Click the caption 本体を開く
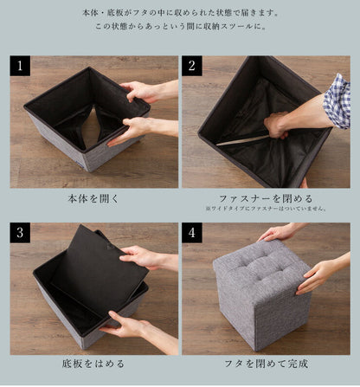click(93, 198)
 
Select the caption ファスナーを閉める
click(265, 197)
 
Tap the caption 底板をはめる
click(93, 364)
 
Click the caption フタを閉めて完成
click(265, 364)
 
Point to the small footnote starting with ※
click(265, 210)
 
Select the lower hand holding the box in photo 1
click(130, 131)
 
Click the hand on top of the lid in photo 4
click(280, 232)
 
